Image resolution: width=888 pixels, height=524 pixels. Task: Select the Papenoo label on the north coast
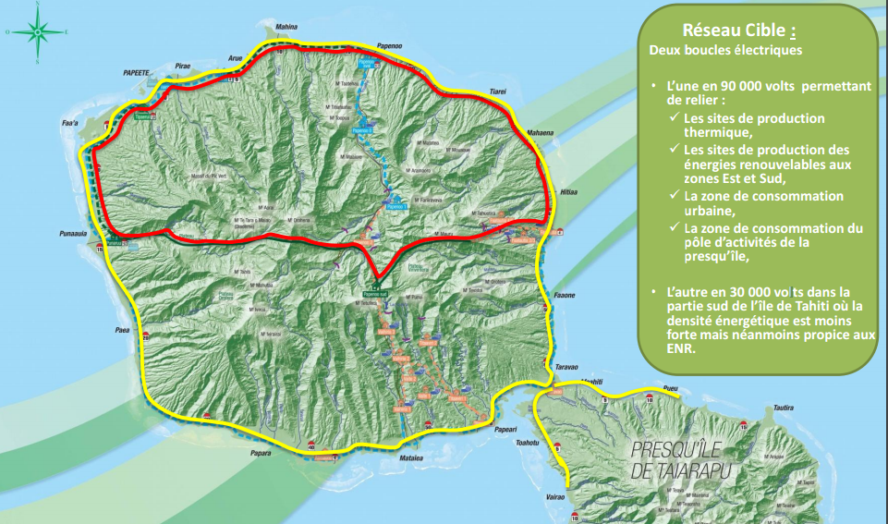[x=394, y=44]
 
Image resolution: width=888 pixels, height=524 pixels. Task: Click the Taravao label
[x=566, y=367]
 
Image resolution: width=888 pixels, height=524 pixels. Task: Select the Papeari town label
[x=506, y=429]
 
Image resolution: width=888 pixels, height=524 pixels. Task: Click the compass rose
[x=37, y=32]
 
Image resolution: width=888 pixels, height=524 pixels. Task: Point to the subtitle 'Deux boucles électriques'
[x=725, y=50]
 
